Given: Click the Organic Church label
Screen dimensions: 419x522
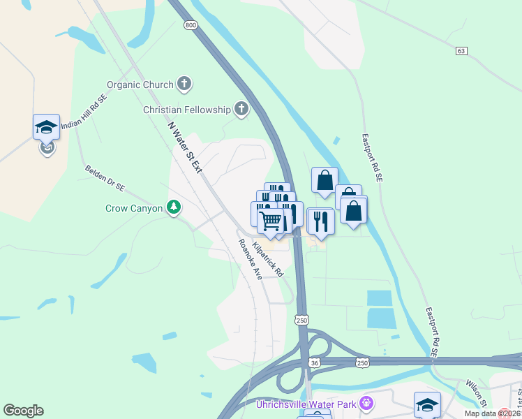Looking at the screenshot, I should (140, 85).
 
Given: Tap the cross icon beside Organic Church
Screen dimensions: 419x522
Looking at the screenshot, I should (184, 85).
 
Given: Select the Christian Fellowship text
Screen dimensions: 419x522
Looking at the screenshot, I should (186, 110).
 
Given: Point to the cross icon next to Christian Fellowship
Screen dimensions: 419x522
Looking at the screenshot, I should (241, 109).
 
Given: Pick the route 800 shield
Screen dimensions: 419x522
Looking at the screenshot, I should (191, 25).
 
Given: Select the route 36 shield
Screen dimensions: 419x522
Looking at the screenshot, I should (314, 362).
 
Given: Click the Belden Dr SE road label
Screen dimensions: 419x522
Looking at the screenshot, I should (105, 178).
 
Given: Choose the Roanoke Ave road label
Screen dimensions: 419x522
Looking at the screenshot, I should (249, 259).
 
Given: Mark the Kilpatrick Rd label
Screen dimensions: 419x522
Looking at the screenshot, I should (268, 258).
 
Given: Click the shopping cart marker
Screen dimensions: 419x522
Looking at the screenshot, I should (270, 221).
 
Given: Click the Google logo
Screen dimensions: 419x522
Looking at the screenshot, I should (23, 411).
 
